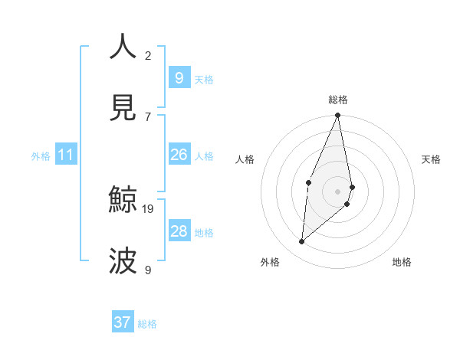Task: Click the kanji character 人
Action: point(123,47)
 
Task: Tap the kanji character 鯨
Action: point(123,200)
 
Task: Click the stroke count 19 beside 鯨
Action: point(149,208)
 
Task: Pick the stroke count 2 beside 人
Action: point(148,55)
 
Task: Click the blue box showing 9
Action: point(179,77)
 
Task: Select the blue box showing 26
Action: point(179,155)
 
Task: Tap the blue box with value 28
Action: point(179,231)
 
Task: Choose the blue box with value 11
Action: point(66,155)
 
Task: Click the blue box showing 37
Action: point(123,322)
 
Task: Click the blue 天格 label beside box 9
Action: point(204,79)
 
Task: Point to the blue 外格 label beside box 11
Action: point(41,156)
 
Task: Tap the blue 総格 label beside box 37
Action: point(147,324)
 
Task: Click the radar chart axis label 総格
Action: point(338,100)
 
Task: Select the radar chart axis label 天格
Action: point(432,159)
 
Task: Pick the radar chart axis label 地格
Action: point(402,262)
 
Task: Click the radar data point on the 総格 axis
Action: point(338,116)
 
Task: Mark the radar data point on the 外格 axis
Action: point(302,241)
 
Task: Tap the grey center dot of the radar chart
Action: point(338,191)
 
